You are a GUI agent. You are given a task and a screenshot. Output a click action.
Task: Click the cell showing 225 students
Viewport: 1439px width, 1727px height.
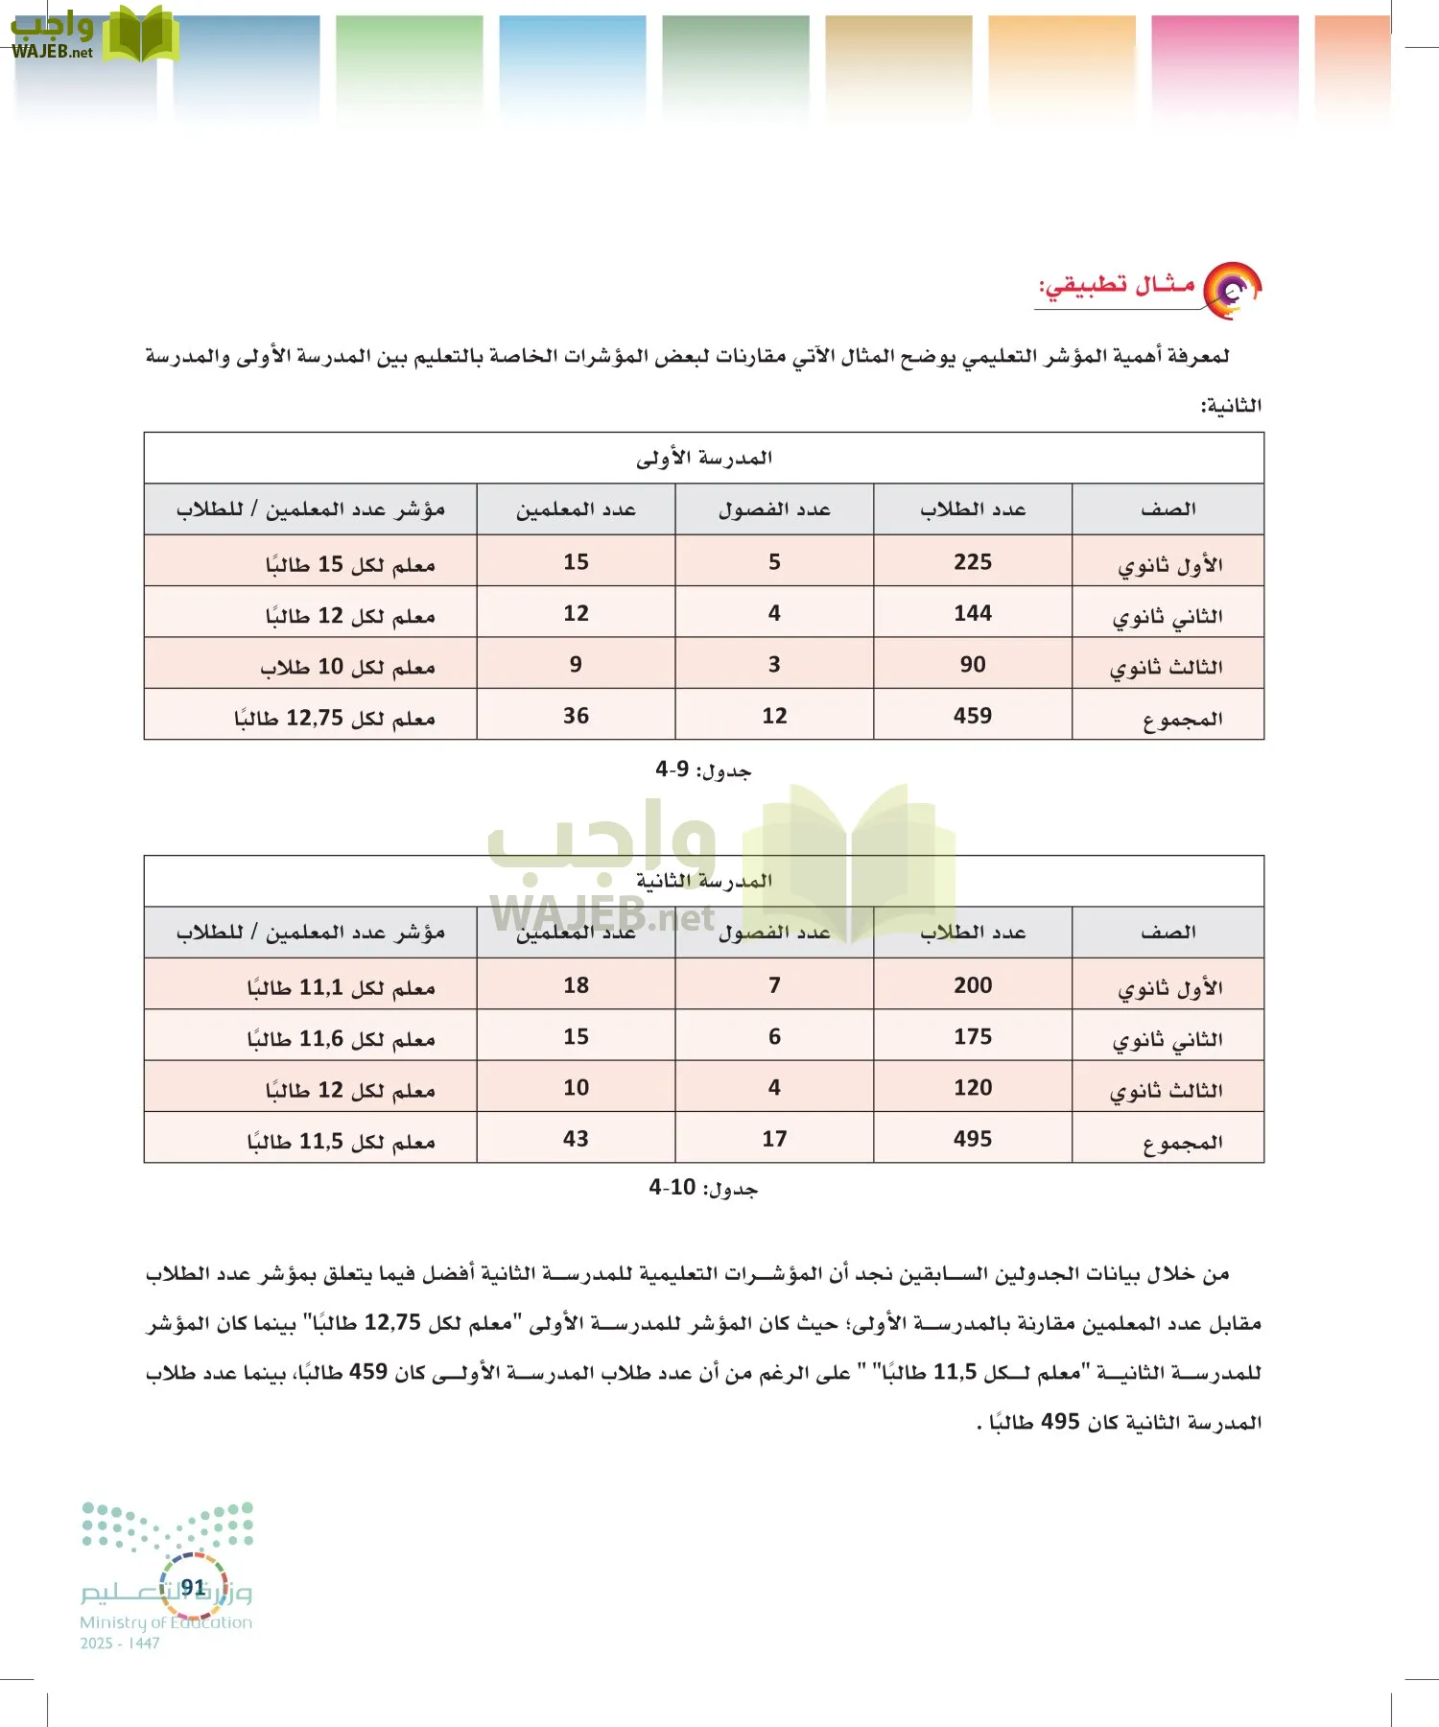(x=972, y=562)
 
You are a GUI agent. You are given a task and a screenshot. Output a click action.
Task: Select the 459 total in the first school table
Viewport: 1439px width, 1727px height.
(x=972, y=716)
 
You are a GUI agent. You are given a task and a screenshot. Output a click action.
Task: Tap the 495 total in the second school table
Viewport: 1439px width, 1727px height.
(x=972, y=1139)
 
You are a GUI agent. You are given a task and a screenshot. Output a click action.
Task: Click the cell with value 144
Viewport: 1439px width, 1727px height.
(x=972, y=613)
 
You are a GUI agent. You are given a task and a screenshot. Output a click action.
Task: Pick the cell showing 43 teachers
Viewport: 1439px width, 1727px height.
(x=576, y=1139)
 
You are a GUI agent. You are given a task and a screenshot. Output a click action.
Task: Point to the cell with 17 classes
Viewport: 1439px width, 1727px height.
(x=774, y=1139)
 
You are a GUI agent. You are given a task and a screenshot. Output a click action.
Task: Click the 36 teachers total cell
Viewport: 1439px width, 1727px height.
(x=576, y=716)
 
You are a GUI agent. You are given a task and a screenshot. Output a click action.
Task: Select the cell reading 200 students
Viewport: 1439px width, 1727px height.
(x=972, y=985)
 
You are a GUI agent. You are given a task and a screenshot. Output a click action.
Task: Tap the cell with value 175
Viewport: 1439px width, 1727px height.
(x=972, y=1036)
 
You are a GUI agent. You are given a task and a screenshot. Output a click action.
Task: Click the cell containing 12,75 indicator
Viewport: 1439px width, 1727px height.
(x=335, y=718)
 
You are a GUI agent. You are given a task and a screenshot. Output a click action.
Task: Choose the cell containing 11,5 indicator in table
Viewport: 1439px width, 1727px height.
(x=342, y=1141)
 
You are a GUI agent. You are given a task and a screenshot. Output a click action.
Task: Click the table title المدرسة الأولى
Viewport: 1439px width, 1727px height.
(x=703, y=458)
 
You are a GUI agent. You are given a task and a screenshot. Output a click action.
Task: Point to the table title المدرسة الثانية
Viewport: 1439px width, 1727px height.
(x=703, y=881)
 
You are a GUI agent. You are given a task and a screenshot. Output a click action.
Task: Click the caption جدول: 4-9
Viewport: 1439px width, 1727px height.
(x=703, y=769)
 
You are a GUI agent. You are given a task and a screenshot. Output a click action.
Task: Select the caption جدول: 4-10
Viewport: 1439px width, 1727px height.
(x=703, y=1188)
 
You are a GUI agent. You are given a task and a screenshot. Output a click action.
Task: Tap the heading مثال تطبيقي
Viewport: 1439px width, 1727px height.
(x=1118, y=286)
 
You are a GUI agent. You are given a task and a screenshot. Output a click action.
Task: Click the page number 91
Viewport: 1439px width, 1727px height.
(x=193, y=1588)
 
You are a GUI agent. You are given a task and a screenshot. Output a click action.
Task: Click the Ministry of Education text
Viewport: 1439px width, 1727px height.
(x=166, y=1622)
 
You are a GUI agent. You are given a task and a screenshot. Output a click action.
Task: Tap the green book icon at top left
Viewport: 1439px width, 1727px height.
(x=140, y=34)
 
